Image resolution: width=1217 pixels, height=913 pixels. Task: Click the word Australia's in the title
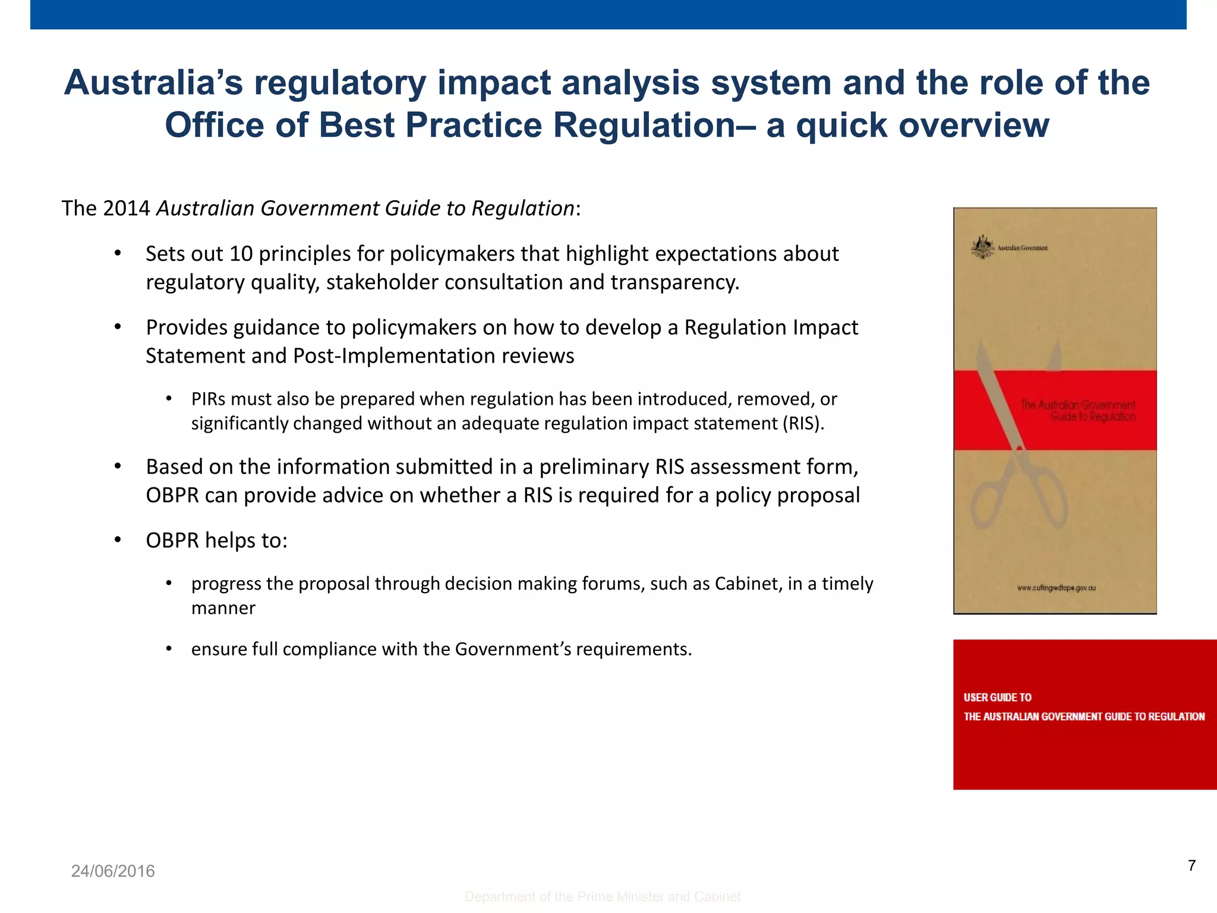point(153,83)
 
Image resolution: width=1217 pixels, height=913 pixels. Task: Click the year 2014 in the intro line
point(126,209)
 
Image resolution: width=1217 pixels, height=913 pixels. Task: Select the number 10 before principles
point(241,254)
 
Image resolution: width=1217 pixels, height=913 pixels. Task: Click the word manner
point(223,608)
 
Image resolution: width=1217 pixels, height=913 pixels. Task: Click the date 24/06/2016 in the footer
point(113,871)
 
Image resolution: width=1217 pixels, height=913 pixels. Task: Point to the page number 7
point(1191,865)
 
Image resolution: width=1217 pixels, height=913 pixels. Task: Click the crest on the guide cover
point(983,247)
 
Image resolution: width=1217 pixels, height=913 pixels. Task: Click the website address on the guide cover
point(1056,588)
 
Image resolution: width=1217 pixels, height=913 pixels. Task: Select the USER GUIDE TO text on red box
point(997,697)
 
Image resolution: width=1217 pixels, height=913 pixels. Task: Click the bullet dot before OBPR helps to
point(118,540)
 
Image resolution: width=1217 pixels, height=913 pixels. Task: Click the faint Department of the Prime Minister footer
point(603,896)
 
